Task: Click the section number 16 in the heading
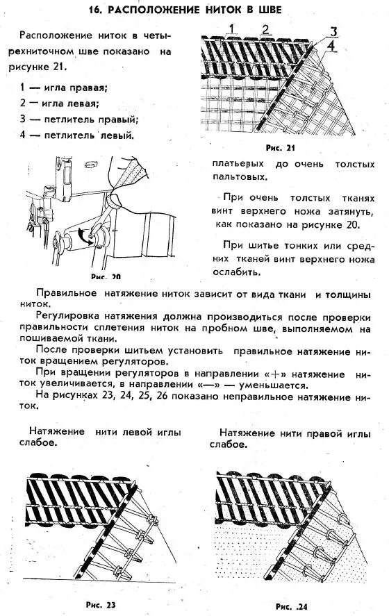click(97, 10)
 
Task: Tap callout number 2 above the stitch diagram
click(265, 28)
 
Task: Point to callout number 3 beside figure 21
click(333, 31)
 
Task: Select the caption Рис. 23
click(101, 604)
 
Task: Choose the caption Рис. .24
click(291, 606)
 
